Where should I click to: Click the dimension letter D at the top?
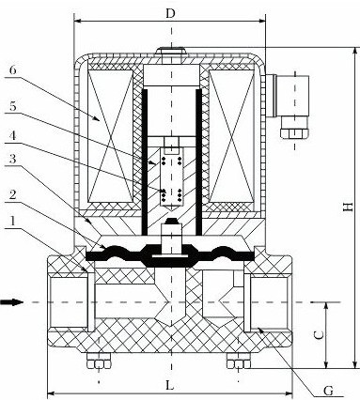coord(170,14)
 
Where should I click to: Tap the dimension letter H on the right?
coord(348,207)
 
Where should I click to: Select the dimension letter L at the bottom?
coord(169,385)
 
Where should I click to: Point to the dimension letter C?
coord(319,335)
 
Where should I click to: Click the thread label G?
coord(328,391)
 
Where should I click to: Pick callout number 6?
coord(12,69)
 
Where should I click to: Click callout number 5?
coord(12,106)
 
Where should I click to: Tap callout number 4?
coord(12,136)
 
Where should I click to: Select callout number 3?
coord(12,159)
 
